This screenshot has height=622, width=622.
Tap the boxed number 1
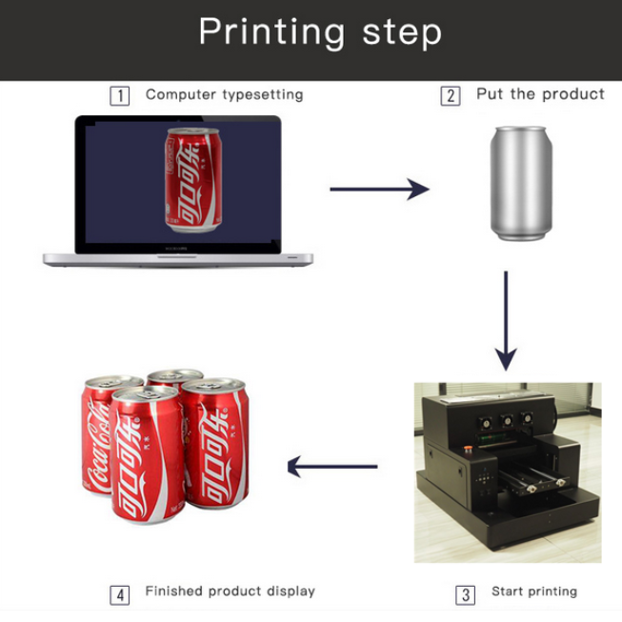(x=119, y=95)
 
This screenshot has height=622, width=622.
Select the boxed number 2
(x=450, y=95)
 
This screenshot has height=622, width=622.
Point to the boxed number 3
(x=465, y=594)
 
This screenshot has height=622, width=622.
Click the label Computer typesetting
(x=224, y=94)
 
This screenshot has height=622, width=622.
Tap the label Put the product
(x=540, y=94)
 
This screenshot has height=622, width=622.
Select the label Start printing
(x=533, y=592)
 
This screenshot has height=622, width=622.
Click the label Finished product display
(x=230, y=592)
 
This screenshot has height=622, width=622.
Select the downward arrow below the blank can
(x=506, y=320)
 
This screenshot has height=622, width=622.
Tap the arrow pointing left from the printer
(x=332, y=467)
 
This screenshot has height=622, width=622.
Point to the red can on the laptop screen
(x=194, y=180)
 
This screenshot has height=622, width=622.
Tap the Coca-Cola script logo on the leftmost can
(x=98, y=448)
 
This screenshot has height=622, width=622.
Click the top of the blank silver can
(x=520, y=130)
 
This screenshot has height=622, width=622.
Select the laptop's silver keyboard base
(x=178, y=258)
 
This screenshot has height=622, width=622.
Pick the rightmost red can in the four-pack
(x=215, y=443)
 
